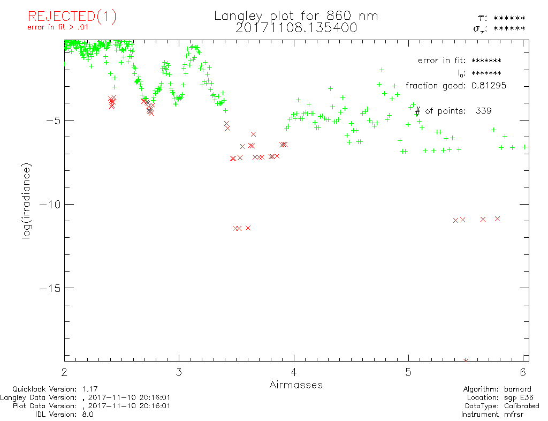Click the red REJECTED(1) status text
coord(72,17)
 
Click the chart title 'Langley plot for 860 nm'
coord(296,16)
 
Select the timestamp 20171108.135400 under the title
coord(296,28)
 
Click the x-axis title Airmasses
coord(296,385)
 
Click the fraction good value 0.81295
coord(484,86)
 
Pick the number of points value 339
coord(483,111)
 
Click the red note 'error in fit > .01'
coord(58,27)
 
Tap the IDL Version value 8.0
coord(87,414)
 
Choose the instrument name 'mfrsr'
coord(516,414)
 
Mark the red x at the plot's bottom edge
coord(466,360)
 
